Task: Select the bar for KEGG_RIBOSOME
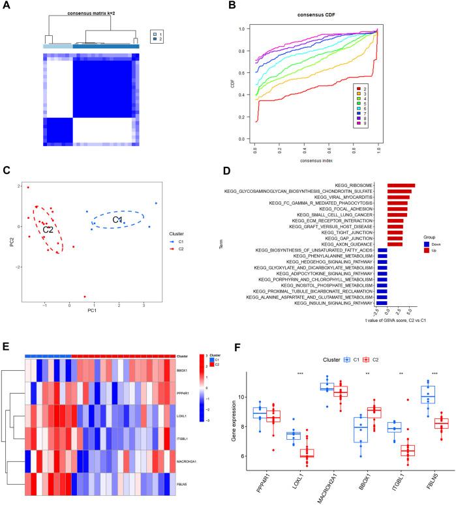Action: (401, 186)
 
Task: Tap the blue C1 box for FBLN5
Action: (427, 395)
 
